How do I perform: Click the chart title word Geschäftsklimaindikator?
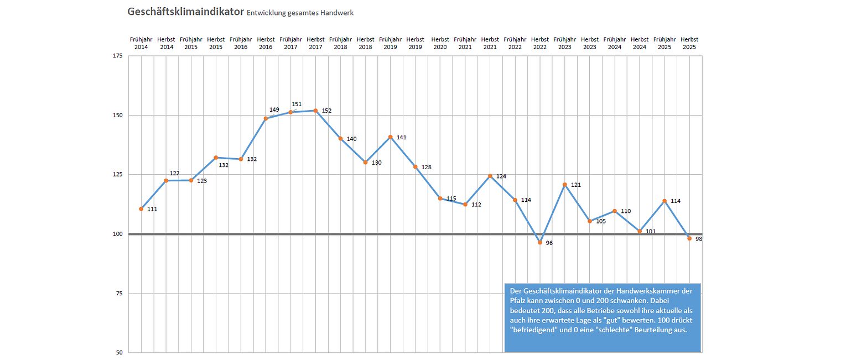point(185,12)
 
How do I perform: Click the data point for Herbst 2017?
point(315,111)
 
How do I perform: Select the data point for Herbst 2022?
point(540,242)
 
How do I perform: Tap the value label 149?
point(274,109)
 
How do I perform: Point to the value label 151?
point(297,104)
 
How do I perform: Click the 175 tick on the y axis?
point(117,56)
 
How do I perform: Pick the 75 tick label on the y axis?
point(119,293)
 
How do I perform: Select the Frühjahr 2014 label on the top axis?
point(141,43)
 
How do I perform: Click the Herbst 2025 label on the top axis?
point(689,43)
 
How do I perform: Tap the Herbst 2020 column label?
point(440,43)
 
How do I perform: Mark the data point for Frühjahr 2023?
point(565,185)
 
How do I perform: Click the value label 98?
point(699,239)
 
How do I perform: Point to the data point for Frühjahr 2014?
point(141,209)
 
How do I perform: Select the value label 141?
point(402,137)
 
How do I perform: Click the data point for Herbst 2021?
point(490,176)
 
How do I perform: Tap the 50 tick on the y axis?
point(119,352)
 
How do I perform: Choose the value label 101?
point(651,231)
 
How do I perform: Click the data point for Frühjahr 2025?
point(665,201)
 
